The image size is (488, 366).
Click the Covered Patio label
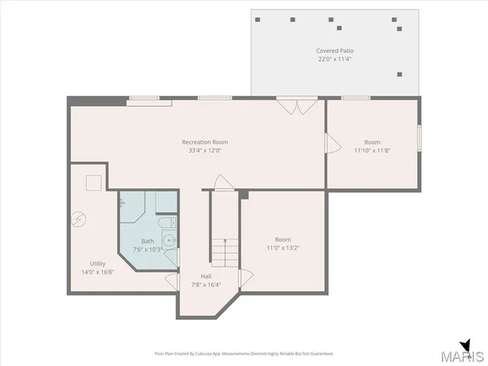coord(335,51)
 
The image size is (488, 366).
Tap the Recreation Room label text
coord(204,142)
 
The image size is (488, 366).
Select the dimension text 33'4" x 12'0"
coord(204,150)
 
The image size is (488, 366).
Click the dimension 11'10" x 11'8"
coord(371,150)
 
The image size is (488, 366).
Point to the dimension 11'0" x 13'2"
coord(283,248)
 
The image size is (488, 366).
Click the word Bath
coord(147,241)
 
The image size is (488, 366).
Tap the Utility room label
coord(98,263)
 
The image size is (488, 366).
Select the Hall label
coord(206,276)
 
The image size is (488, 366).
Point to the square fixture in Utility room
coord(93,182)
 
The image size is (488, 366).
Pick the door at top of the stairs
coord(222,183)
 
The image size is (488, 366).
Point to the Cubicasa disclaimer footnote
coord(244,353)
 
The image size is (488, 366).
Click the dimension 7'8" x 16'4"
coord(206,284)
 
